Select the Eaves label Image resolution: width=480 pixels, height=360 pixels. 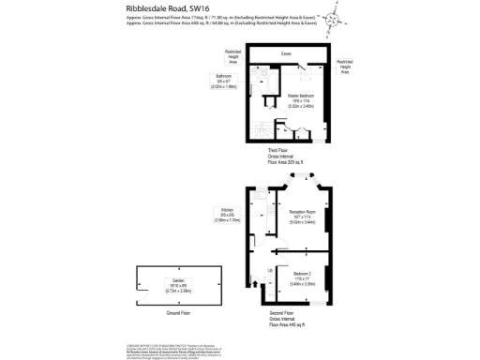tap(286, 53)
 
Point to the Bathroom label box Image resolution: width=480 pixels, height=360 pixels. tap(225, 82)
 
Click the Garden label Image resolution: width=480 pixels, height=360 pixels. tap(178, 285)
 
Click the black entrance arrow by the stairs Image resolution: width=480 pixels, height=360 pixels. tap(256, 279)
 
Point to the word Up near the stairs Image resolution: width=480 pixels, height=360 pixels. tap(270, 271)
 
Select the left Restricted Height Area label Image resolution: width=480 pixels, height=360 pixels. tap(232, 57)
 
